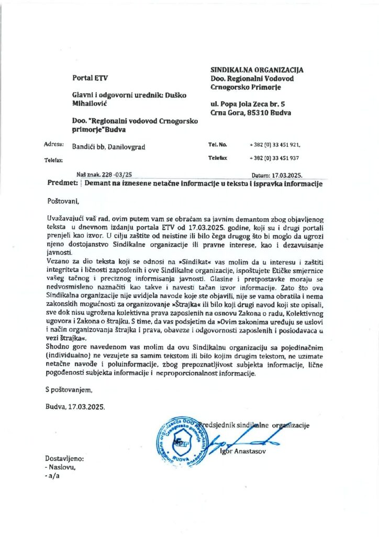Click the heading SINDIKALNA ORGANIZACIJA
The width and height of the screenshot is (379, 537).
coord(257,70)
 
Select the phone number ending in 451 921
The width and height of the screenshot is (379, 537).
coord(275,144)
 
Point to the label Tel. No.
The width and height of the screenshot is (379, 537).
coord(217,144)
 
